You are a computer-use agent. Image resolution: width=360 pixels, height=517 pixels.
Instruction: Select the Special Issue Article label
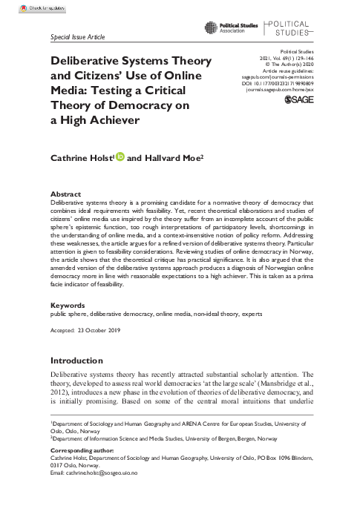(77, 36)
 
